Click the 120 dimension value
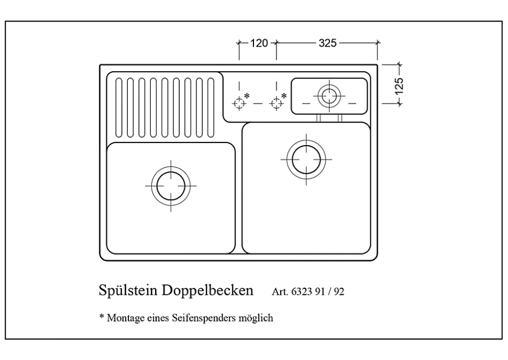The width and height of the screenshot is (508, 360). click(259, 43)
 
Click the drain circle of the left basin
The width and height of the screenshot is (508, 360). click(170, 186)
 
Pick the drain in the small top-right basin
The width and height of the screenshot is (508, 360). click(329, 96)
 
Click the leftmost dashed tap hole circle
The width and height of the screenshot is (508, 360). click(239, 103)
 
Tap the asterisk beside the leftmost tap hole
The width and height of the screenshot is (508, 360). click(247, 95)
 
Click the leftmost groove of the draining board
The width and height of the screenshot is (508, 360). click(118, 107)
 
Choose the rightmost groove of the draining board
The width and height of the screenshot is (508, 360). click(211, 107)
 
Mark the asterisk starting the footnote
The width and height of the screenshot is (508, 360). click(102, 317)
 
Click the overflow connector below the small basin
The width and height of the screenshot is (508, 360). click(329, 118)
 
